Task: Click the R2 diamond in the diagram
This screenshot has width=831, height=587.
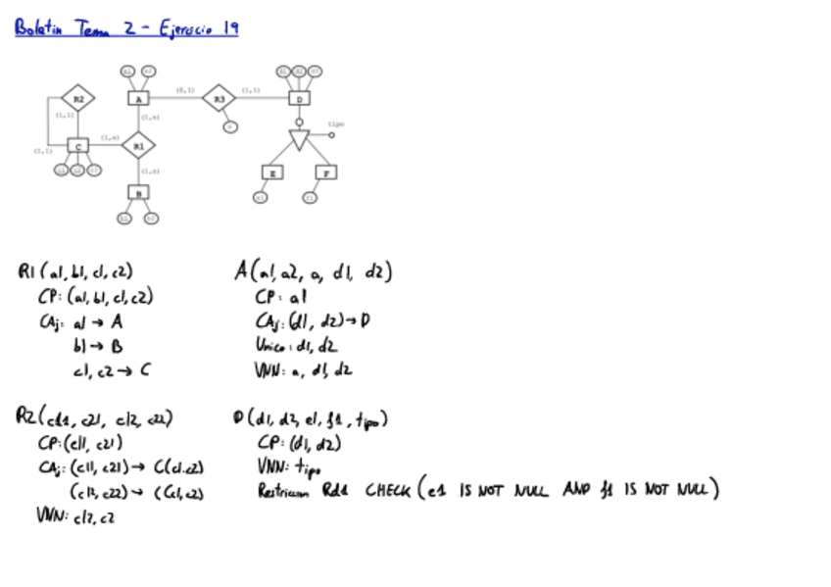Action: (77, 98)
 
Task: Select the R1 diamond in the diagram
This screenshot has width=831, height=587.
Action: (138, 145)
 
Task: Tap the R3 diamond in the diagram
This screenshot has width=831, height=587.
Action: (220, 98)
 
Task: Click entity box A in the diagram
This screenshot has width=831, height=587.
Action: (138, 98)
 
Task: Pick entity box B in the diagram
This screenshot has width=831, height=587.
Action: (138, 193)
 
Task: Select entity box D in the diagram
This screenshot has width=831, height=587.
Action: (300, 98)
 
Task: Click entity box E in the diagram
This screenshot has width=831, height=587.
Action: (271, 172)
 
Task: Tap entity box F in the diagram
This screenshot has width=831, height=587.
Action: (326, 172)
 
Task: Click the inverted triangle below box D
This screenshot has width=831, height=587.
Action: (300, 139)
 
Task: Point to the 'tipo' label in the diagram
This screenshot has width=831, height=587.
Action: (336, 124)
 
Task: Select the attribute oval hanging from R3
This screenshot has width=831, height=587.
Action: (229, 126)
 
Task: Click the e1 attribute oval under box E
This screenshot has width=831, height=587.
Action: (260, 197)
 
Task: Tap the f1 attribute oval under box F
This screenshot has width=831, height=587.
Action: (311, 197)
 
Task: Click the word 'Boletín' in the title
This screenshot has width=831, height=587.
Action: (39, 30)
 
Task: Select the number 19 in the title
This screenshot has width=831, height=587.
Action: (229, 29)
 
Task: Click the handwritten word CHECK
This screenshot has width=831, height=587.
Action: (387, 490)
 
